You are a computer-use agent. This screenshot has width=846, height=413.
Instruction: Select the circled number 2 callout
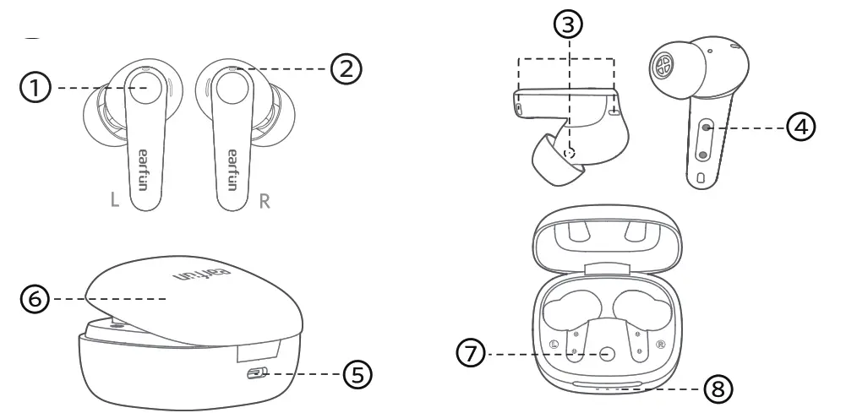(x=346, y=68)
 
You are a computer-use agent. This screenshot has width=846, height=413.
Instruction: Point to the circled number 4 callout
(x=803, y=128)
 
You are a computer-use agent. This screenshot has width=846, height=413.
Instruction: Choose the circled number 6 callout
(x=35, y=299)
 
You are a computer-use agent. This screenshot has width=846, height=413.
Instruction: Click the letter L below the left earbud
(x=115, y=203)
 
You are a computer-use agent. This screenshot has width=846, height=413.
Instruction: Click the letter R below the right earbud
(x=265, y=203)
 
